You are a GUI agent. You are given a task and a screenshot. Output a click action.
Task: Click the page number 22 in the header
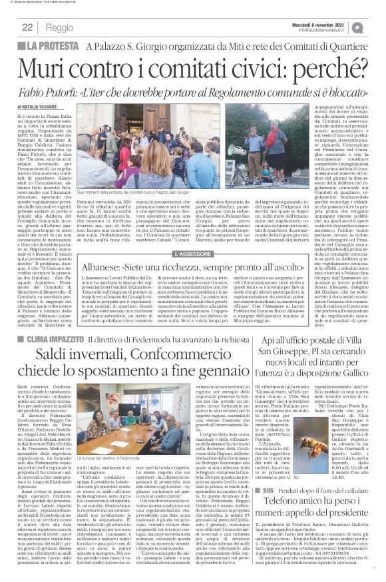[x=27, y=27]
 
